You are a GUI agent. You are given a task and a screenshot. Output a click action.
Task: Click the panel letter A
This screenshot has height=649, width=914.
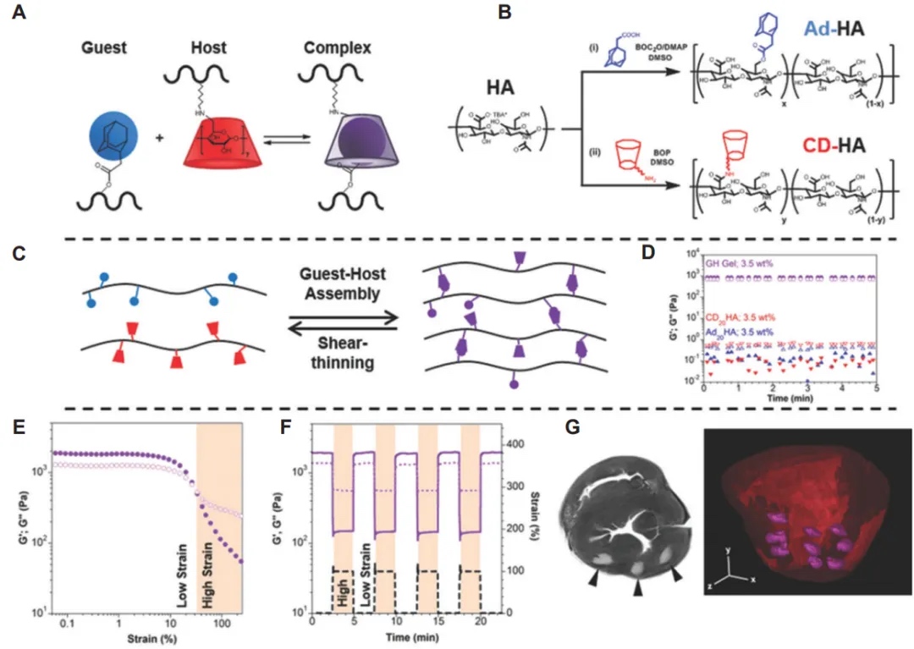tap(18, 15)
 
